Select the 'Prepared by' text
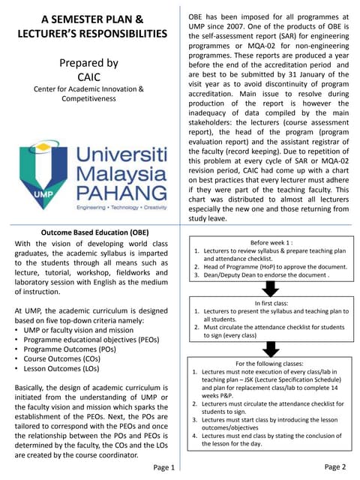(x=88, y=63)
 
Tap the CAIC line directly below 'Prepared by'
(x=88, y=76)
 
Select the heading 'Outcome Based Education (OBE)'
(x=88, y=232)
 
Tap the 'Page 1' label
(x=164, y=467)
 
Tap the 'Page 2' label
(x=334, y=466)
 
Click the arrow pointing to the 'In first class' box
(x=270, y=289)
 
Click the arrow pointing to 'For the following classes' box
(x=270, y=348)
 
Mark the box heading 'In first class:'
(x=270, y=303)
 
